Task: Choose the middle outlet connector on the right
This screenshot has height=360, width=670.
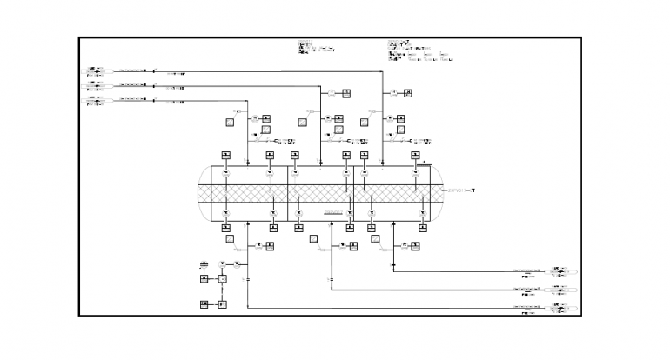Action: [x=564, y=289]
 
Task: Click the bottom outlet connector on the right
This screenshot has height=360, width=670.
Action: [x=564, y=307]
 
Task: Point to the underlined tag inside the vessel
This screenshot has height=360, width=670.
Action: [x=333, y=211]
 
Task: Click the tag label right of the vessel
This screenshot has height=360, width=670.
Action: [x=459, y=190]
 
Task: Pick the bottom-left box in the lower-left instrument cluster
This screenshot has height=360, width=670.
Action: [x=204, y=303]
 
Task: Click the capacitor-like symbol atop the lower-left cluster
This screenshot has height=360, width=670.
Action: [x=204, y=263]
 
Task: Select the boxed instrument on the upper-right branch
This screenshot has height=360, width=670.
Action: [x=407, y=92]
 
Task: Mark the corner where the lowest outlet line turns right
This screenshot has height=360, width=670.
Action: [x=248, y=307]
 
